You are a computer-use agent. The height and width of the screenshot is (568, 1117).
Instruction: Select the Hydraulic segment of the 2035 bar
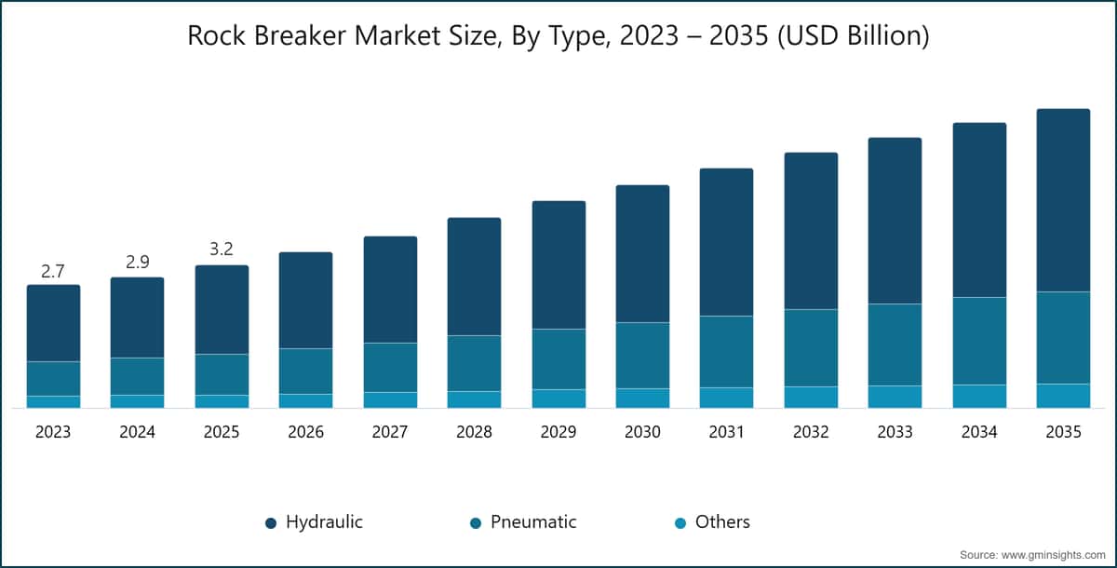1063,200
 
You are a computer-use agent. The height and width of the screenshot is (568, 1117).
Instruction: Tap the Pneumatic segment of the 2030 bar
642,356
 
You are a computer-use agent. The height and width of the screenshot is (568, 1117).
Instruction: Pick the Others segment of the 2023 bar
53,401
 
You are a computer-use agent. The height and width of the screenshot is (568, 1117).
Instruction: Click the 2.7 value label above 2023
53,271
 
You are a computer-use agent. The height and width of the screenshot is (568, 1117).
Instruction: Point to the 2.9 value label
137,263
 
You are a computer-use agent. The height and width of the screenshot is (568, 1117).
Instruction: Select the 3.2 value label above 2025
222,249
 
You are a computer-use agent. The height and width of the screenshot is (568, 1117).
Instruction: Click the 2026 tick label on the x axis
305,432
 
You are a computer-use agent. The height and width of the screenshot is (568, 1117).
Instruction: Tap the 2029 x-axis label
558,432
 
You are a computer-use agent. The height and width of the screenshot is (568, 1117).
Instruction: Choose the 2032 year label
811,432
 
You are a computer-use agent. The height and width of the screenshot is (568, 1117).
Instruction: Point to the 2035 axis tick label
1063,432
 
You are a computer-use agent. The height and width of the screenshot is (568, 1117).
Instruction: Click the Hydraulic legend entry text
324,522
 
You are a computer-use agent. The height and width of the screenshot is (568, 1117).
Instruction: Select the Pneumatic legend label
533,522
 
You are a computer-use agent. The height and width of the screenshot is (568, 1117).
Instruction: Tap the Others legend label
722,522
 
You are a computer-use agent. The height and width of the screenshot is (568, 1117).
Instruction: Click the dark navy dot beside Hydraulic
271,523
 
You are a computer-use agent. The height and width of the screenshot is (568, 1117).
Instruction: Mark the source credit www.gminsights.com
1032,555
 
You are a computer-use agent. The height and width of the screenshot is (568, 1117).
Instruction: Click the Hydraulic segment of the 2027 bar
390,290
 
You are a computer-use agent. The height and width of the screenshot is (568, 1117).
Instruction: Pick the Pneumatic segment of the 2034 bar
979,341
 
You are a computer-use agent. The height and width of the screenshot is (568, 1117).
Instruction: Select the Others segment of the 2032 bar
811,397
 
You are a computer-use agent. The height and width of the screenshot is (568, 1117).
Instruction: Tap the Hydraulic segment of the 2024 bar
137,318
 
